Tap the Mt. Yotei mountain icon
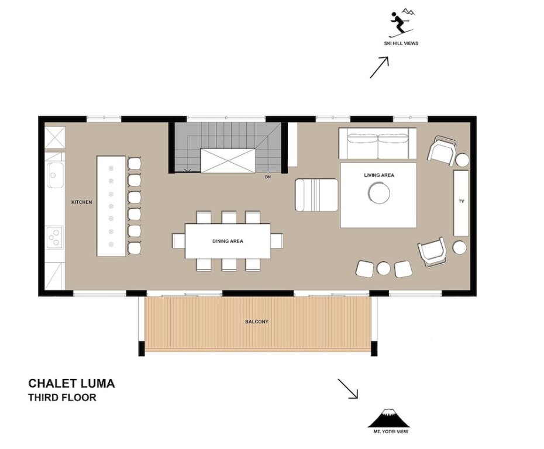pyautogui.click(x=389, y=418)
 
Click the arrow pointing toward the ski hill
pyautogui.click(x=379, y=67)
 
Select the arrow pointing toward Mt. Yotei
pyautogui.click(x=348, y=389)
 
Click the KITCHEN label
pyautogui.click(x=81, y=202)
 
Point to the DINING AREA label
pyautogui.click(x=228, y=241)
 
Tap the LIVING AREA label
pyautogui.click(x=379, y=175)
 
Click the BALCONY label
pyautogui.click(x=257, y=322)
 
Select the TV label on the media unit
pyautogui.click(x=462, y=201)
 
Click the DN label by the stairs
pyautogui.click(x=268, y=177)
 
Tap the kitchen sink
pyautogui.click(x=55, y=175)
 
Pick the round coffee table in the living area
pyautogui.click(x=379, y=192)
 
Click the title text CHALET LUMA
pyautogui.click(x=71, y=383)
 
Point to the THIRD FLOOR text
pyautogui.click(x=62, y=398)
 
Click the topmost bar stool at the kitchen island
pyautogui.click(x=135, y=163)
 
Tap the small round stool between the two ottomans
pyautogui.click(x=384, y=268)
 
